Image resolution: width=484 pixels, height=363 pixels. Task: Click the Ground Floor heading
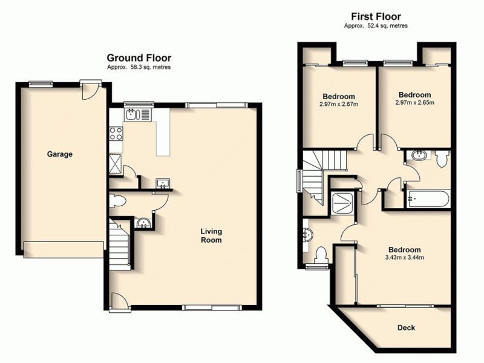point(139,59)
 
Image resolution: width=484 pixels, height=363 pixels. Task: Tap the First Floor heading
point(376,16)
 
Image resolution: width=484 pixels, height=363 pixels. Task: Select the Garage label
point(60,154)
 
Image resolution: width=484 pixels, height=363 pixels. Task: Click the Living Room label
point(212,235)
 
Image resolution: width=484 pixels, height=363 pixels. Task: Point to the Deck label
point(406,328)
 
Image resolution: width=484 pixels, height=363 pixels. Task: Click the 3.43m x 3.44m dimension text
point(405,258)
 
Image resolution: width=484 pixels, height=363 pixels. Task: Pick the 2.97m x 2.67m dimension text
point(339,104)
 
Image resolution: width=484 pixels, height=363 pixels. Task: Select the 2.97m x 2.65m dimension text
point(414,103)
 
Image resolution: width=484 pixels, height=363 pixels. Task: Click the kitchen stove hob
point(116,134)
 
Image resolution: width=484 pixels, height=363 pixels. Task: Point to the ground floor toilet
point(119,200)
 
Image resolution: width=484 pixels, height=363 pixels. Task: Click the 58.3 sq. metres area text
point(139,68)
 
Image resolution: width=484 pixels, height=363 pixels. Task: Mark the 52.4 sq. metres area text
point(376,26)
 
